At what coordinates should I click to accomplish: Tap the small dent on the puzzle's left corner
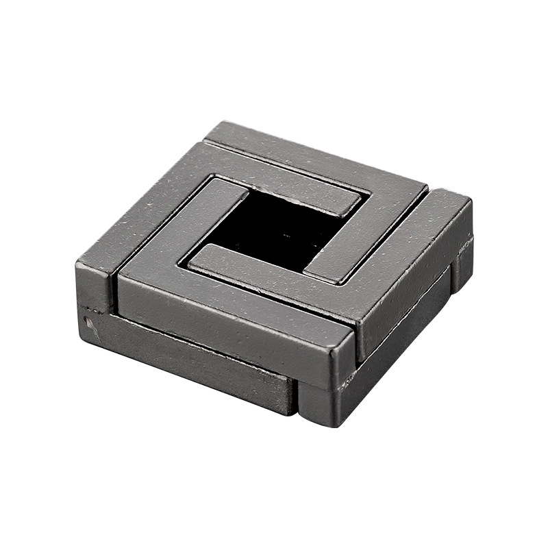(88, 319)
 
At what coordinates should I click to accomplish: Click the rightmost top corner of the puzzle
(471, 199)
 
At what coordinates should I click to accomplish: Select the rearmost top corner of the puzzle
(221, 123)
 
